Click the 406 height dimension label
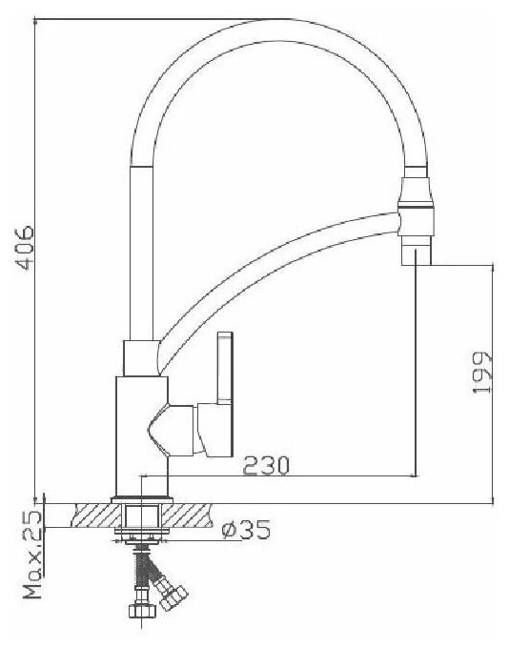[25, 247]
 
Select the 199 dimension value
[481, 373]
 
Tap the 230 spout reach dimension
[266, 465]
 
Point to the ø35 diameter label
[246, 529]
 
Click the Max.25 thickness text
[32, 555]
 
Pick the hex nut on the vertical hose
[142, 610]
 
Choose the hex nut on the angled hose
[173, 597]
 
